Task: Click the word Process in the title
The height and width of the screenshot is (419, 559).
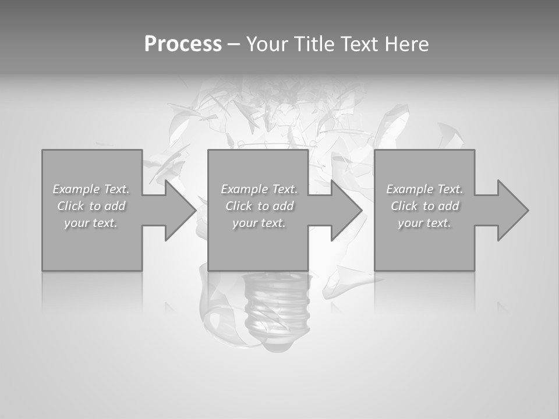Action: [183, 44]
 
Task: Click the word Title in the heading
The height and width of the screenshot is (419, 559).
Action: [312, 44]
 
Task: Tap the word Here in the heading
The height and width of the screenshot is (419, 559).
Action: [406, 44]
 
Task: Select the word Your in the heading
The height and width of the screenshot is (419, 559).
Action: [267, 44]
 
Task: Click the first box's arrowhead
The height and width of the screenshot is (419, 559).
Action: [178, 210]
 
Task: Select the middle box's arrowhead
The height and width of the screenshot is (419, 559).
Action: [345, 210]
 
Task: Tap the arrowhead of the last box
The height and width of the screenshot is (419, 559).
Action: [511, 210]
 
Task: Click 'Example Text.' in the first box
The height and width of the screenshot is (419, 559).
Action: [91, 189]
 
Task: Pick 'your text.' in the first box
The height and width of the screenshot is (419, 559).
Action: [91, 223]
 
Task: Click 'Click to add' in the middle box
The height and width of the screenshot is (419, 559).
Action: [259, 206]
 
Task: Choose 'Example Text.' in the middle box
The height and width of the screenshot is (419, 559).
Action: [259, 189]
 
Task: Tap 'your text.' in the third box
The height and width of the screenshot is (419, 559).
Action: [424, 223]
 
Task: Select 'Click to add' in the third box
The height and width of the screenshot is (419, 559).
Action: [424, 206]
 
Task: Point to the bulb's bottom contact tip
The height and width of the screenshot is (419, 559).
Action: [274, 345]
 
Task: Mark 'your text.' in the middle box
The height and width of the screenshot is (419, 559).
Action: [259, 223]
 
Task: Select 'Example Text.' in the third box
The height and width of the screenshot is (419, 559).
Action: [424, 189]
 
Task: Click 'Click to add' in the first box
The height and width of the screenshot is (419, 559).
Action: [91, 206]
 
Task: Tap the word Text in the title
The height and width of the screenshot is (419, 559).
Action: [358, 44]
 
